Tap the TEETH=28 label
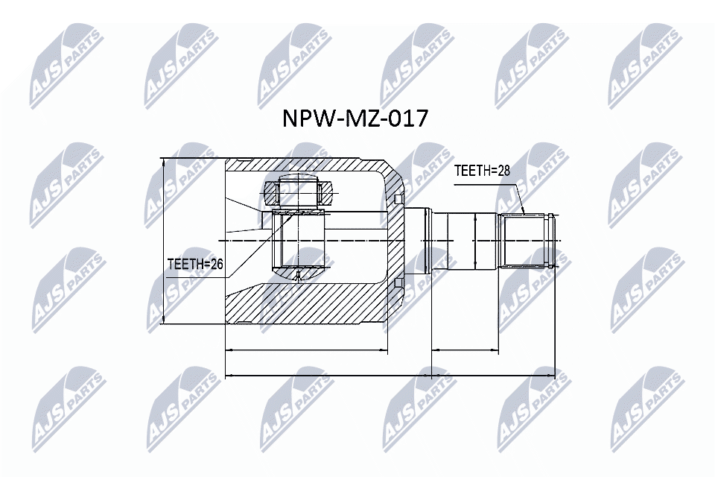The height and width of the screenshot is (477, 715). (482, 171)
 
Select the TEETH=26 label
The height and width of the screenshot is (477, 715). (195, 264)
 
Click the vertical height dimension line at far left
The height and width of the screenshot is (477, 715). (162, 241)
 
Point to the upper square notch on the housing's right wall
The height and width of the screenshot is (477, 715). (399, 198)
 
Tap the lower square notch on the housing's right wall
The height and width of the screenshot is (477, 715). (399, 283)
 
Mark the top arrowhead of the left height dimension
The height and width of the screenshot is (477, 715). (162, 162)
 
